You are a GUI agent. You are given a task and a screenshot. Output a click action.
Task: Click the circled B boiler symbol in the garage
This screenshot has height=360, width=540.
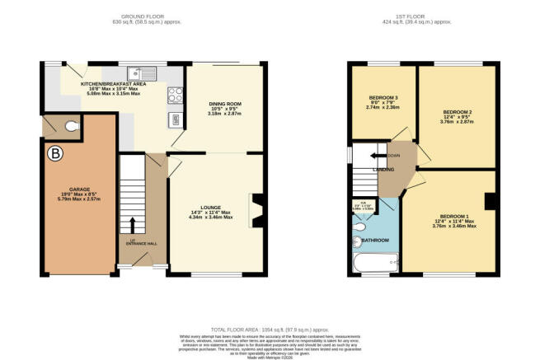click(56, 153)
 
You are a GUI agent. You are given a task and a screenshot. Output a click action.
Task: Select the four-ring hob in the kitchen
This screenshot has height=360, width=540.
click(176, 94)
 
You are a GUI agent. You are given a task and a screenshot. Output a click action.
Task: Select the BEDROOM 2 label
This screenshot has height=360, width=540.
click(458, 111)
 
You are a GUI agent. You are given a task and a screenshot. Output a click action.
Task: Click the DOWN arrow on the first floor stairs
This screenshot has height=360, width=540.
click(385, 155)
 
